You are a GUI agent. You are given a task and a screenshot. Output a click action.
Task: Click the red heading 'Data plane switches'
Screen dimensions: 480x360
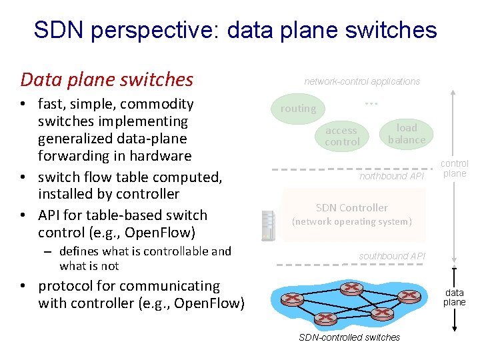coord(107,80)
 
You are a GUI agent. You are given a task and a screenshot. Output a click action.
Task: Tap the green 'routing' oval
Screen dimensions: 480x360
coord(298,109)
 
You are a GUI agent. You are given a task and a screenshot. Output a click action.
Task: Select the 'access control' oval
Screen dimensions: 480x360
coord(342,136)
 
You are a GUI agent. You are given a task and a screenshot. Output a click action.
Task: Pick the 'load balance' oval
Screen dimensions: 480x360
coord(407,133)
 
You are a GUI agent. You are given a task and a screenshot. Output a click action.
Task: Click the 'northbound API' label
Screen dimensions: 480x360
coord(391,177)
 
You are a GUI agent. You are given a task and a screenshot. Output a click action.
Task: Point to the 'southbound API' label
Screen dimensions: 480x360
coord(391,256)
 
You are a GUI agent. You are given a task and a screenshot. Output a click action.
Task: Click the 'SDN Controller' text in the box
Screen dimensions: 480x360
coord(351,208)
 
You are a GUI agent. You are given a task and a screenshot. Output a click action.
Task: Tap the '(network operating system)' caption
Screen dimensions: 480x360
coord(352,221)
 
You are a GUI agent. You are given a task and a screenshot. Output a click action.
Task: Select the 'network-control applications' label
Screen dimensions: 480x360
coord(362,81)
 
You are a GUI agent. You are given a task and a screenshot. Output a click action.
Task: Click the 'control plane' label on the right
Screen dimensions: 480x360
coord(455,168)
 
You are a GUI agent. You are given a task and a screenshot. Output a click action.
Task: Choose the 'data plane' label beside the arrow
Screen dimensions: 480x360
coord(455,297)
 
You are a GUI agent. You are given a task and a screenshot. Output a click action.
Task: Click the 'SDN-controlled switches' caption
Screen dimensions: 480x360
coord(349,337)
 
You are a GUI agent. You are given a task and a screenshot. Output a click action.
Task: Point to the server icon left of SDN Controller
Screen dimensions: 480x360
coord(269,225)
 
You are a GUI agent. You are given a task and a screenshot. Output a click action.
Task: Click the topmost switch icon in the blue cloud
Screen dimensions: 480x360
coord(351,288)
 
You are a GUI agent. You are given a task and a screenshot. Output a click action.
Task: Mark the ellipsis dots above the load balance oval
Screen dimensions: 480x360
coord(371,104)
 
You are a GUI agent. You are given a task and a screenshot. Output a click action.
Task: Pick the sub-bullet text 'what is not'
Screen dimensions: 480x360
coord(89,266)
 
